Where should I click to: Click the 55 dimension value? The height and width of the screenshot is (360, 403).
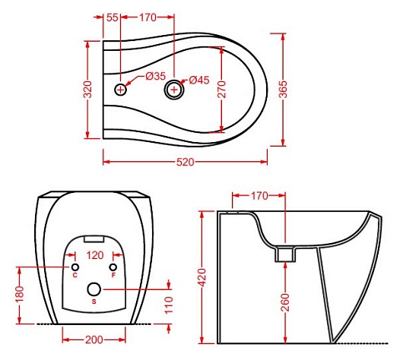coord(113,17)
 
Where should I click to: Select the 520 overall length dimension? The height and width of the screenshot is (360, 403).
coord(185,162)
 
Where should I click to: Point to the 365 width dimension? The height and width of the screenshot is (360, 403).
coord(283,90)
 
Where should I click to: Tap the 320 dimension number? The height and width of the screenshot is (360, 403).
coord(88,90)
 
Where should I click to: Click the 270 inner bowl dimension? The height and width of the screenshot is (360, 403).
coord(221,90)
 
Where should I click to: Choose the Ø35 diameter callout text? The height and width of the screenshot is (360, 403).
coord(156,76)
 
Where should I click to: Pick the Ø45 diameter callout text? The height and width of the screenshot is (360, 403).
coord(199,80)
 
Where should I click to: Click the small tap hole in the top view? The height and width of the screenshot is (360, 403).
coord(120,90)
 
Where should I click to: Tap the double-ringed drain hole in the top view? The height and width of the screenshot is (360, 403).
coord(174,90)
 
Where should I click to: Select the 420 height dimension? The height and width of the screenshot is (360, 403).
coord(202,277)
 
